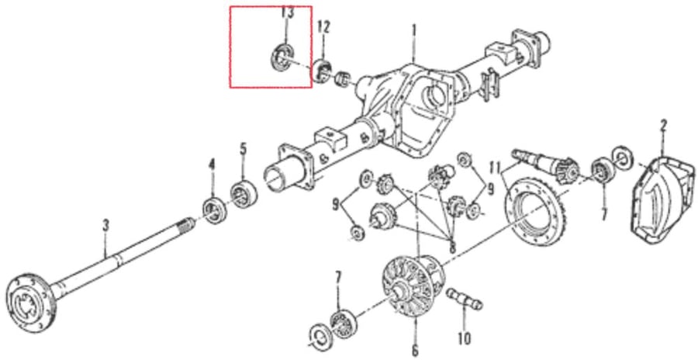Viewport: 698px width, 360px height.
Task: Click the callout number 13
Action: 287,12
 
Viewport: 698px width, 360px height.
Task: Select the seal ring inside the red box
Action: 282,57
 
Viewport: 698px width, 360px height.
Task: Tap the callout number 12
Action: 323,28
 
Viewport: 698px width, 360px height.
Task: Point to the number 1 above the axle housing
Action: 414,31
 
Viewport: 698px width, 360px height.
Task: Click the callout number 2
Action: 663,126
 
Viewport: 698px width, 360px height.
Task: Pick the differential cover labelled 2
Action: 662,200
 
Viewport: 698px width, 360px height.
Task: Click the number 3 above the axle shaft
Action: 105,226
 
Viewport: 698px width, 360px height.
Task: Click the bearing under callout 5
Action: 244,194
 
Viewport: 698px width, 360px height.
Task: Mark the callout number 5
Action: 243,148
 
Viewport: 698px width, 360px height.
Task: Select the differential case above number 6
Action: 414,285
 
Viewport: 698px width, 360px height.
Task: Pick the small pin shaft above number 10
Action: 465,298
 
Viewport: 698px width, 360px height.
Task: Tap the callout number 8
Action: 453,247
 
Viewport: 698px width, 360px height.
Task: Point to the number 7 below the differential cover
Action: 603,215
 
